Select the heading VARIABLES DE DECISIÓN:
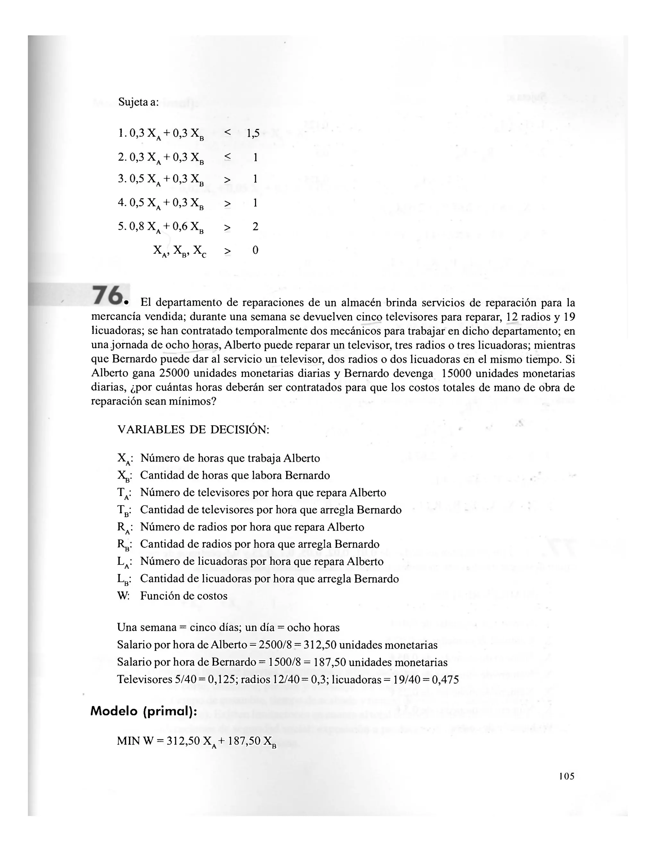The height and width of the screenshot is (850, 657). [x=193, y=430]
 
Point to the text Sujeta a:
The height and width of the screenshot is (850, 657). [x=139, y=102]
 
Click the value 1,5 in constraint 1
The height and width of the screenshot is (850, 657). [x=253, y=133]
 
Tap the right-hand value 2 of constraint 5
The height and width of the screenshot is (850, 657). [x=255, y=226]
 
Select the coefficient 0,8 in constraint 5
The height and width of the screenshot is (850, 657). [x=137, y=226]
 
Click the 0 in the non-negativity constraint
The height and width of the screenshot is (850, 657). [x=255, y=250]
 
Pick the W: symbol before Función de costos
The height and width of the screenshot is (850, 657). [x=124, y=596]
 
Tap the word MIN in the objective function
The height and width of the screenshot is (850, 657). [x=128, y=741]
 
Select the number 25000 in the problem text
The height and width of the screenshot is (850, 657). [x=174, y=373]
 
